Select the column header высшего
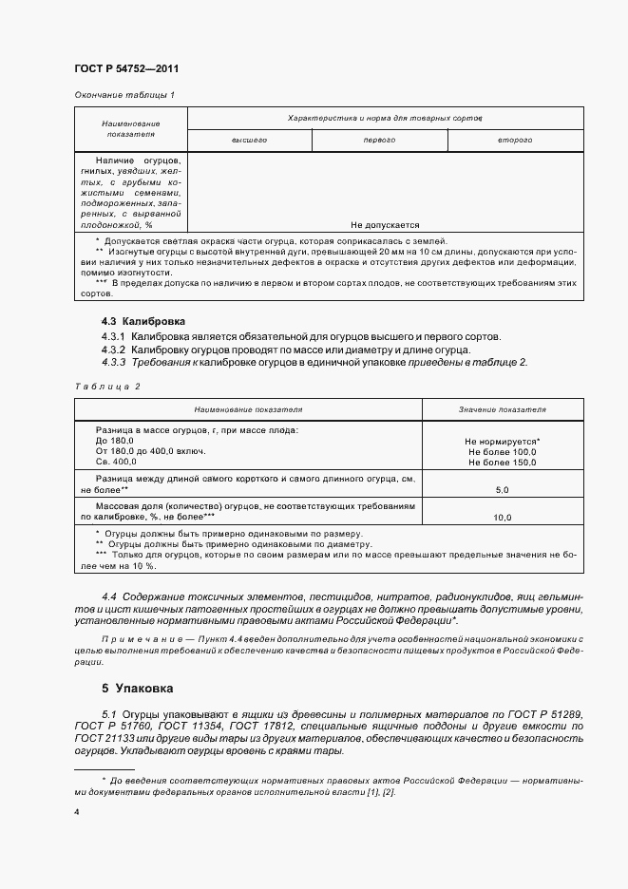pyautogui.click(x=249, y=140)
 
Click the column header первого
pyautogui.click(x=379, y=140)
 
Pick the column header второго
pyautogui.click(x=514, y=140)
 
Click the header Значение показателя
pyautogui.click(x=502, y=409)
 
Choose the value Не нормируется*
pyautogui.click(x=502, y=442)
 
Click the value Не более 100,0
pyautogui.click(x=502, y=452)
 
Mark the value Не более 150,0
pyautogui.click(x=502, y=463)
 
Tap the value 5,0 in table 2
pyautogui.click(x=502, y=489)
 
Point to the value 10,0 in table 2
pyautogui.click(x=502, y=518)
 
